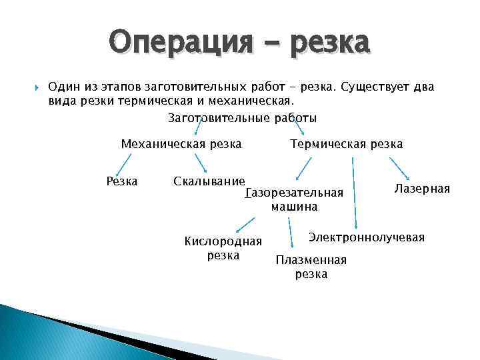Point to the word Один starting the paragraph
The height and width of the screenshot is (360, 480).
pyautogui.click(x=63, y=88)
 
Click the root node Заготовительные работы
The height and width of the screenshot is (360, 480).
pyautogui.click(x=242, y=118)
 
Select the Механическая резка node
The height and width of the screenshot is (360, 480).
pyautogui.click(x=181, y=144)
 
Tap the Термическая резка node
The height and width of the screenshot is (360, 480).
pyautogui.click(x=346, y=144)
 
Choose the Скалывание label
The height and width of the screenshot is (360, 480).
pyautogui.click(x=209, y=181)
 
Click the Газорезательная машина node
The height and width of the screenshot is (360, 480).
pyautogui.click(x=294, y=199)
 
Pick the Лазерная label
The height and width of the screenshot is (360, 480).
pyautogui.click(x=422, y=189)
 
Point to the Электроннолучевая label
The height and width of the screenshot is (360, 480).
pyautogui.click(x=366, y=237)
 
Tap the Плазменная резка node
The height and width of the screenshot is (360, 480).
pyautogui.click(x=311, y=267)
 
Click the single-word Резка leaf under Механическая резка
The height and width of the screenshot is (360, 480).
pyautogui.click(x=122, y=181)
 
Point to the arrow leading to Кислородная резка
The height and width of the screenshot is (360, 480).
pyautogui.click(x=245, y=224)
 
